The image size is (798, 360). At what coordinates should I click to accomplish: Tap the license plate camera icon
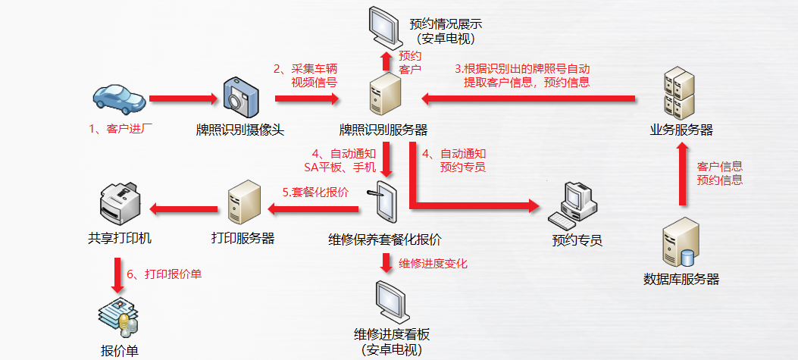[x=239, y=97]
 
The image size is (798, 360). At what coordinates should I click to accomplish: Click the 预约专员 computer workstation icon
[x=575, y=207]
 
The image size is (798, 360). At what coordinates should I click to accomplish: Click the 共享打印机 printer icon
[x=120, y=203]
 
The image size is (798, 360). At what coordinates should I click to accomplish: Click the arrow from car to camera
[x=183, y=98]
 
